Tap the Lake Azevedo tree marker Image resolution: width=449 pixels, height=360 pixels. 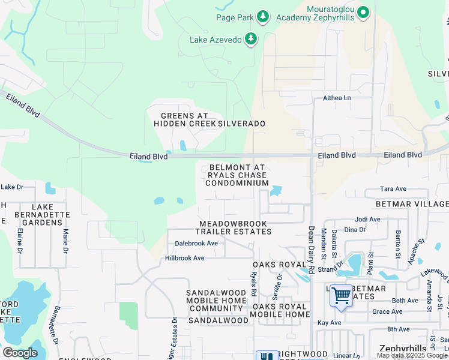(x=251, y=40)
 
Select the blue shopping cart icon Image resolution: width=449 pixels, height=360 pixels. (x=341, y=295)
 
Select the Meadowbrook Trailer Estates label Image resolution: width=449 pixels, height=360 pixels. (x=235, y=227)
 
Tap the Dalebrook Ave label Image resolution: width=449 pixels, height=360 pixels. (x=196, y=244)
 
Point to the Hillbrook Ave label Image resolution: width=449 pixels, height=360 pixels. (x=185, y=258)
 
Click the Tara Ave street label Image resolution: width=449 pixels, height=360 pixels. (x=394, y=189)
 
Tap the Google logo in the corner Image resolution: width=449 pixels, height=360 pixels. (x=20, y=353)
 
